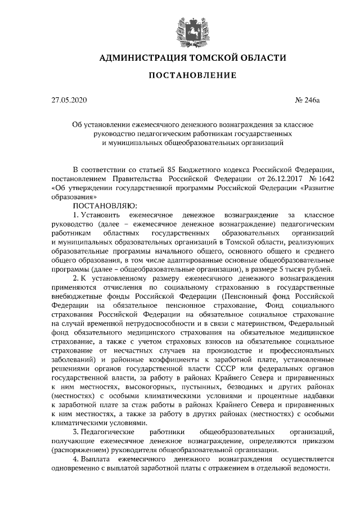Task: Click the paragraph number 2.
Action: coord(76,279)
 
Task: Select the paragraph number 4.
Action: coord(76,460)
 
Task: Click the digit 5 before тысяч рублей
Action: coord(278,269)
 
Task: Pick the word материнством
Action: coord(260,324)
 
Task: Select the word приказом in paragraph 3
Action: coord(319,442)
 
